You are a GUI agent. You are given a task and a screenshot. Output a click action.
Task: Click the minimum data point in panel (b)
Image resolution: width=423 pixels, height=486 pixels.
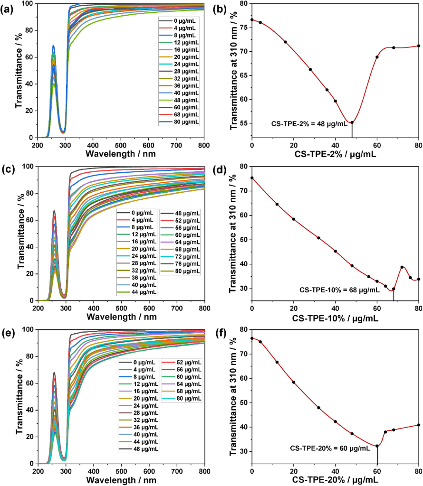coord(352,122)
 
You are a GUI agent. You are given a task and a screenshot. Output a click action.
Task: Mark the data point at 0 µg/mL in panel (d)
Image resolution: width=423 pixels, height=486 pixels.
coord(252,178)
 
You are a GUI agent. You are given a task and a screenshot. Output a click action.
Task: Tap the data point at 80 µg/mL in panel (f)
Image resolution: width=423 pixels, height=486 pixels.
coord(419,425)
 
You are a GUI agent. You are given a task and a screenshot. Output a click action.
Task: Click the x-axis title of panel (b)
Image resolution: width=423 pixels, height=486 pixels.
coord(335,154)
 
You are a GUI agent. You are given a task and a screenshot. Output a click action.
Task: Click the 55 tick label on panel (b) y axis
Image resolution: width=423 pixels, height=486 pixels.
coord(244,123)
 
